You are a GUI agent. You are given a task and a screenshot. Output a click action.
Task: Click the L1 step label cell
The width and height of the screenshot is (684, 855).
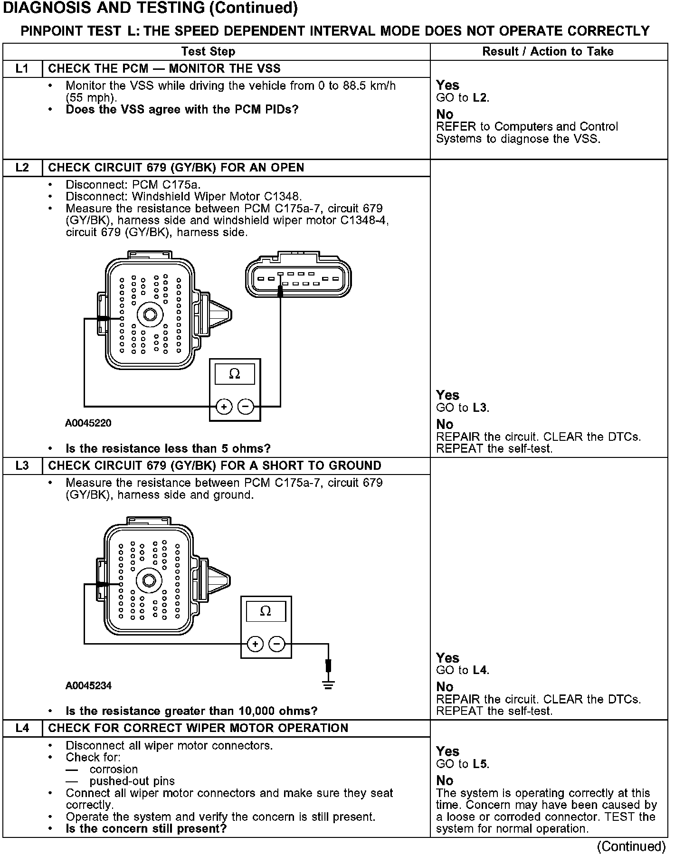pyautogui.click(x=22, y=69)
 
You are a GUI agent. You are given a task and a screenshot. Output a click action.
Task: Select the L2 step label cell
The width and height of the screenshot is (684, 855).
pyautogui.click(x=22, y=168)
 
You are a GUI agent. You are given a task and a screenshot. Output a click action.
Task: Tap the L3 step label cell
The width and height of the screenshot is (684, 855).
pyautogui.click(x=22, y=465)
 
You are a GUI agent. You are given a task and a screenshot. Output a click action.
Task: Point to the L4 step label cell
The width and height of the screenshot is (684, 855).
pyautogui.click(x=22, y=728)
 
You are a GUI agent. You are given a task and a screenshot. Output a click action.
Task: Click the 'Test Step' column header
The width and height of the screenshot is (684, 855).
pyautogui.click(x=208, y=51)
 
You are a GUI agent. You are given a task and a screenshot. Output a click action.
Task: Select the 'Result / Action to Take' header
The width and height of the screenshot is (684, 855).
pyautogui.click(x=548, y=51)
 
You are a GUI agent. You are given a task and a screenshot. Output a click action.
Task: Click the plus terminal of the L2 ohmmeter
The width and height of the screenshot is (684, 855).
pyautogui.click(x=224, y=407)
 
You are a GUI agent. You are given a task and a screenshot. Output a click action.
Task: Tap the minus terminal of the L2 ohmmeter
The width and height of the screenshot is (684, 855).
pyautogui.click(x=246, y=407)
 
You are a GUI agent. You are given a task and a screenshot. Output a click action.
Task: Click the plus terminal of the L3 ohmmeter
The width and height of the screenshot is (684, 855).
pyautogui.click(x=255, y=644)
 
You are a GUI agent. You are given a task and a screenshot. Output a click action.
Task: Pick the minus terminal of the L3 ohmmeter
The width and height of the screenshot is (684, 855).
pyautogui.click(x=277, y=644)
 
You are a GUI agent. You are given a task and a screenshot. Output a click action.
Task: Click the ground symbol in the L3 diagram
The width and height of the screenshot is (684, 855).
pyautogui.click(x=328, y=684)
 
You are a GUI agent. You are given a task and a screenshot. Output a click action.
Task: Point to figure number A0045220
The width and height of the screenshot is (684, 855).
pyautogui.click(x=88, y=423)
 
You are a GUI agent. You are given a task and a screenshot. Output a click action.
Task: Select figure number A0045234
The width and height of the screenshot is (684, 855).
pyautogui.click(x=88, y=685)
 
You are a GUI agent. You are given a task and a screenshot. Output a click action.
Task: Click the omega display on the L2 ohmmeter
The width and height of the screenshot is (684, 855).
pyautogui.click(x=235, y=374)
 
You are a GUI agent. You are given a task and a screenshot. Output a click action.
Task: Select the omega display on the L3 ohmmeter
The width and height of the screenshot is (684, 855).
pyautogui.click(x=266, y=611)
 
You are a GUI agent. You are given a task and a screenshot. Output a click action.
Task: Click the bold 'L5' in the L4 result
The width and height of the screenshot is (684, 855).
pyautogui.click(x=480, y=764)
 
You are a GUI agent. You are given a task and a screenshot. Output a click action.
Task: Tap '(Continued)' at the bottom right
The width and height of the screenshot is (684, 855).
pyautogui.click(x=631, y=846)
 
